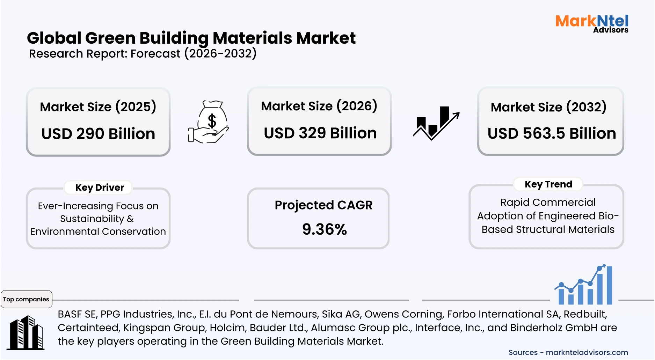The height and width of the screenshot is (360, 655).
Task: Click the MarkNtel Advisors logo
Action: click(x=592, y=23)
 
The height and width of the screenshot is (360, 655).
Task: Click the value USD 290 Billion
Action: click(x=98, y=134)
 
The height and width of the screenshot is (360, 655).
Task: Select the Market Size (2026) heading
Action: click(x=319, y=106)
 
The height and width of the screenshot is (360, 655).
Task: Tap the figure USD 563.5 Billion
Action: click(x=552, y=133)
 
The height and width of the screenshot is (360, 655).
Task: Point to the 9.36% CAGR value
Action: click(x=324, y=229)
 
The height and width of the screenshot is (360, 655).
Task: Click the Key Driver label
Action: click(x=100, y=188)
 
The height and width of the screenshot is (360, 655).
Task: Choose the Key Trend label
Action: click(x=548, y=184)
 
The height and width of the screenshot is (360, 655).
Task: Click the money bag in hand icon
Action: click(x=209, y=122)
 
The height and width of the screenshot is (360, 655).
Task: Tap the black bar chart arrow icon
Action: click(x=436, y=123)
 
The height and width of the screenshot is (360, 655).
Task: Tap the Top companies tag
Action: click(x=26, y=299)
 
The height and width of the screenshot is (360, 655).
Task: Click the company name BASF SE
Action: click(x=77, y=314)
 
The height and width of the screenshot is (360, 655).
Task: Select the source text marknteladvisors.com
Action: click(x=587, y=352)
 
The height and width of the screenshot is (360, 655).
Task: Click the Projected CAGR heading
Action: click(x=323, y=205)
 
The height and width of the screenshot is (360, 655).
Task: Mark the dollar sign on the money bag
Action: click(x=212, y=121)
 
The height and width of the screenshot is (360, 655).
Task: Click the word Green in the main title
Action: click(x=110, y=38)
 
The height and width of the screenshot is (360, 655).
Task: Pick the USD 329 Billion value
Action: click(x=320, y=133)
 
